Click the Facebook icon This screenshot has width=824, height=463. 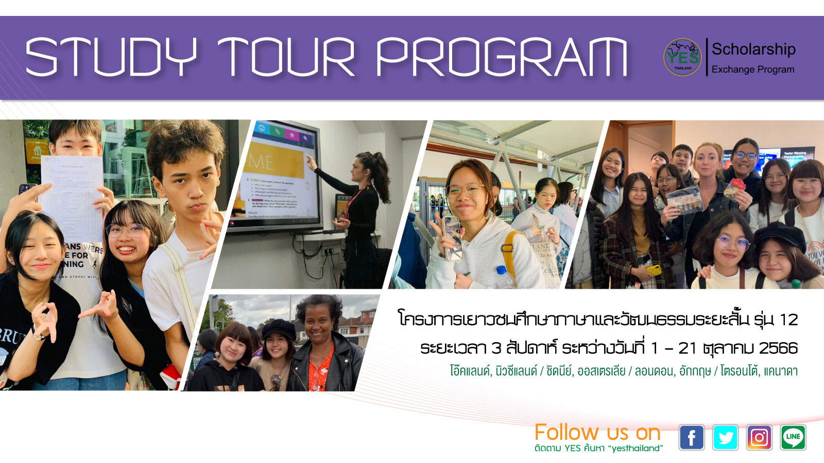click(x=691, y=438)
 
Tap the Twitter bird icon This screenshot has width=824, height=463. click(x=725, y=438)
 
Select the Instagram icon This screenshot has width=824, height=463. click(x=759, y=438)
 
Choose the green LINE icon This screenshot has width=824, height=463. click(x=793, y=438)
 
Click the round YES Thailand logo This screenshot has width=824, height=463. click(x=682, y=57)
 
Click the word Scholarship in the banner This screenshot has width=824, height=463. click(x=753, y=49)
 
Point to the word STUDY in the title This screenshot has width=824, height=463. click(x=111, y=57)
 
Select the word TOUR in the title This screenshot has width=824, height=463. click(x=286, y=57)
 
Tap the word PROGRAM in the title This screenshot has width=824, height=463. click(x=502, y=57)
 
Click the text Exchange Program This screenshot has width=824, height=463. click(x=752, y=69)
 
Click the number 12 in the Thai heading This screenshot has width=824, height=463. click(x=788, y=320)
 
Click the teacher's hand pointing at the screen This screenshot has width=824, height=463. click(x=311, y=162)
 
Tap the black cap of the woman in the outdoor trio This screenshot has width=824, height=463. click(x=279, y=328)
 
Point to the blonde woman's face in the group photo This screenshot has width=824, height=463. click(x=710, y=162)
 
